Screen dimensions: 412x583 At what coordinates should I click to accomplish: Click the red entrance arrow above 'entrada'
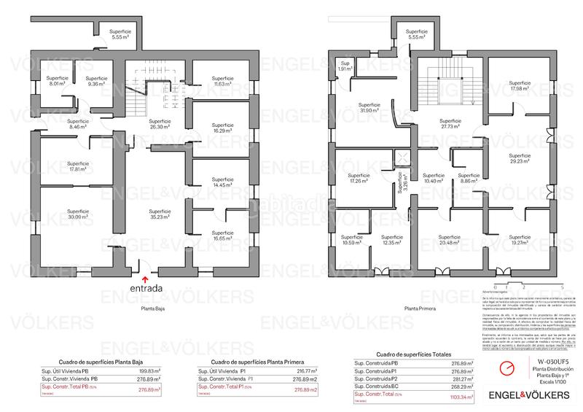pyautogui.click(x=145, y=278)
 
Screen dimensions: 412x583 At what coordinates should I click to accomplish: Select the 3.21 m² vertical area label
pyautogui.click(x=400, y=179)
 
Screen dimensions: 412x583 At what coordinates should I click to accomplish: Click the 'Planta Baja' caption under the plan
pyautogui.click(x=152, y=308)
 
